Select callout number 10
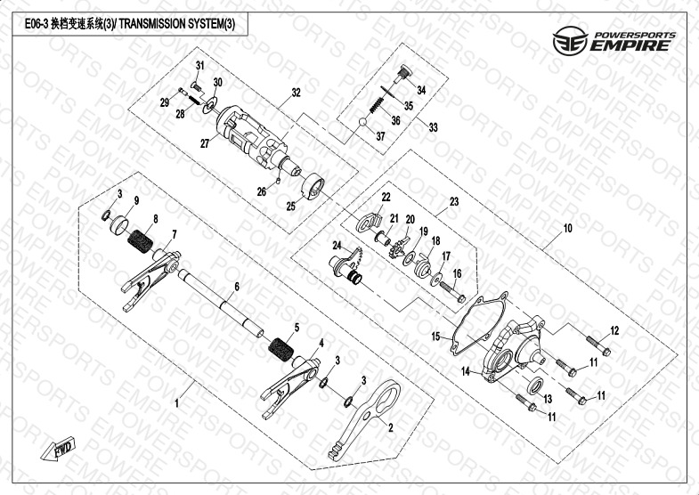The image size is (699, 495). (x=566, y=229)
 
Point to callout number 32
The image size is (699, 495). (x=296, y=93)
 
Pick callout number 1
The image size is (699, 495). (x=176, y=403)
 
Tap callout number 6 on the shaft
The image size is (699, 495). (x=237, y=287)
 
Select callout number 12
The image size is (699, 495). (x=614, y=331)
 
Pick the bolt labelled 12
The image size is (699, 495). (x=595, y=344)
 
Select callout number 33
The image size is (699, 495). (x=434, y=128)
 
